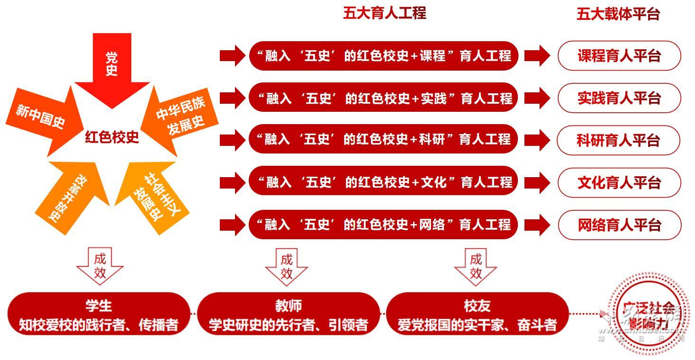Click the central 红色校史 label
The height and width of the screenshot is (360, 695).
[112, 137]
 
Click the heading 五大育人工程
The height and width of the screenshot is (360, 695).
[385, 13]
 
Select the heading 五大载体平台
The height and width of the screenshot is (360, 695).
[618, 14]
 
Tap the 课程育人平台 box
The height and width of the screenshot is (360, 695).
[619, 56]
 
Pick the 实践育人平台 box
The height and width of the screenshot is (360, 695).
[619, 98]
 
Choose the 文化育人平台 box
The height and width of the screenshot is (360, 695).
[619, 182]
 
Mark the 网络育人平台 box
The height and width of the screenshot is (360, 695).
[619, 225]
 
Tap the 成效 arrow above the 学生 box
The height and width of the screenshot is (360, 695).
[100, 266]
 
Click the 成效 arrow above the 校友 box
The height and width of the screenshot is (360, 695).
[476, 266]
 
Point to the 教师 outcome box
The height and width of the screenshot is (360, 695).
[288, 314]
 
